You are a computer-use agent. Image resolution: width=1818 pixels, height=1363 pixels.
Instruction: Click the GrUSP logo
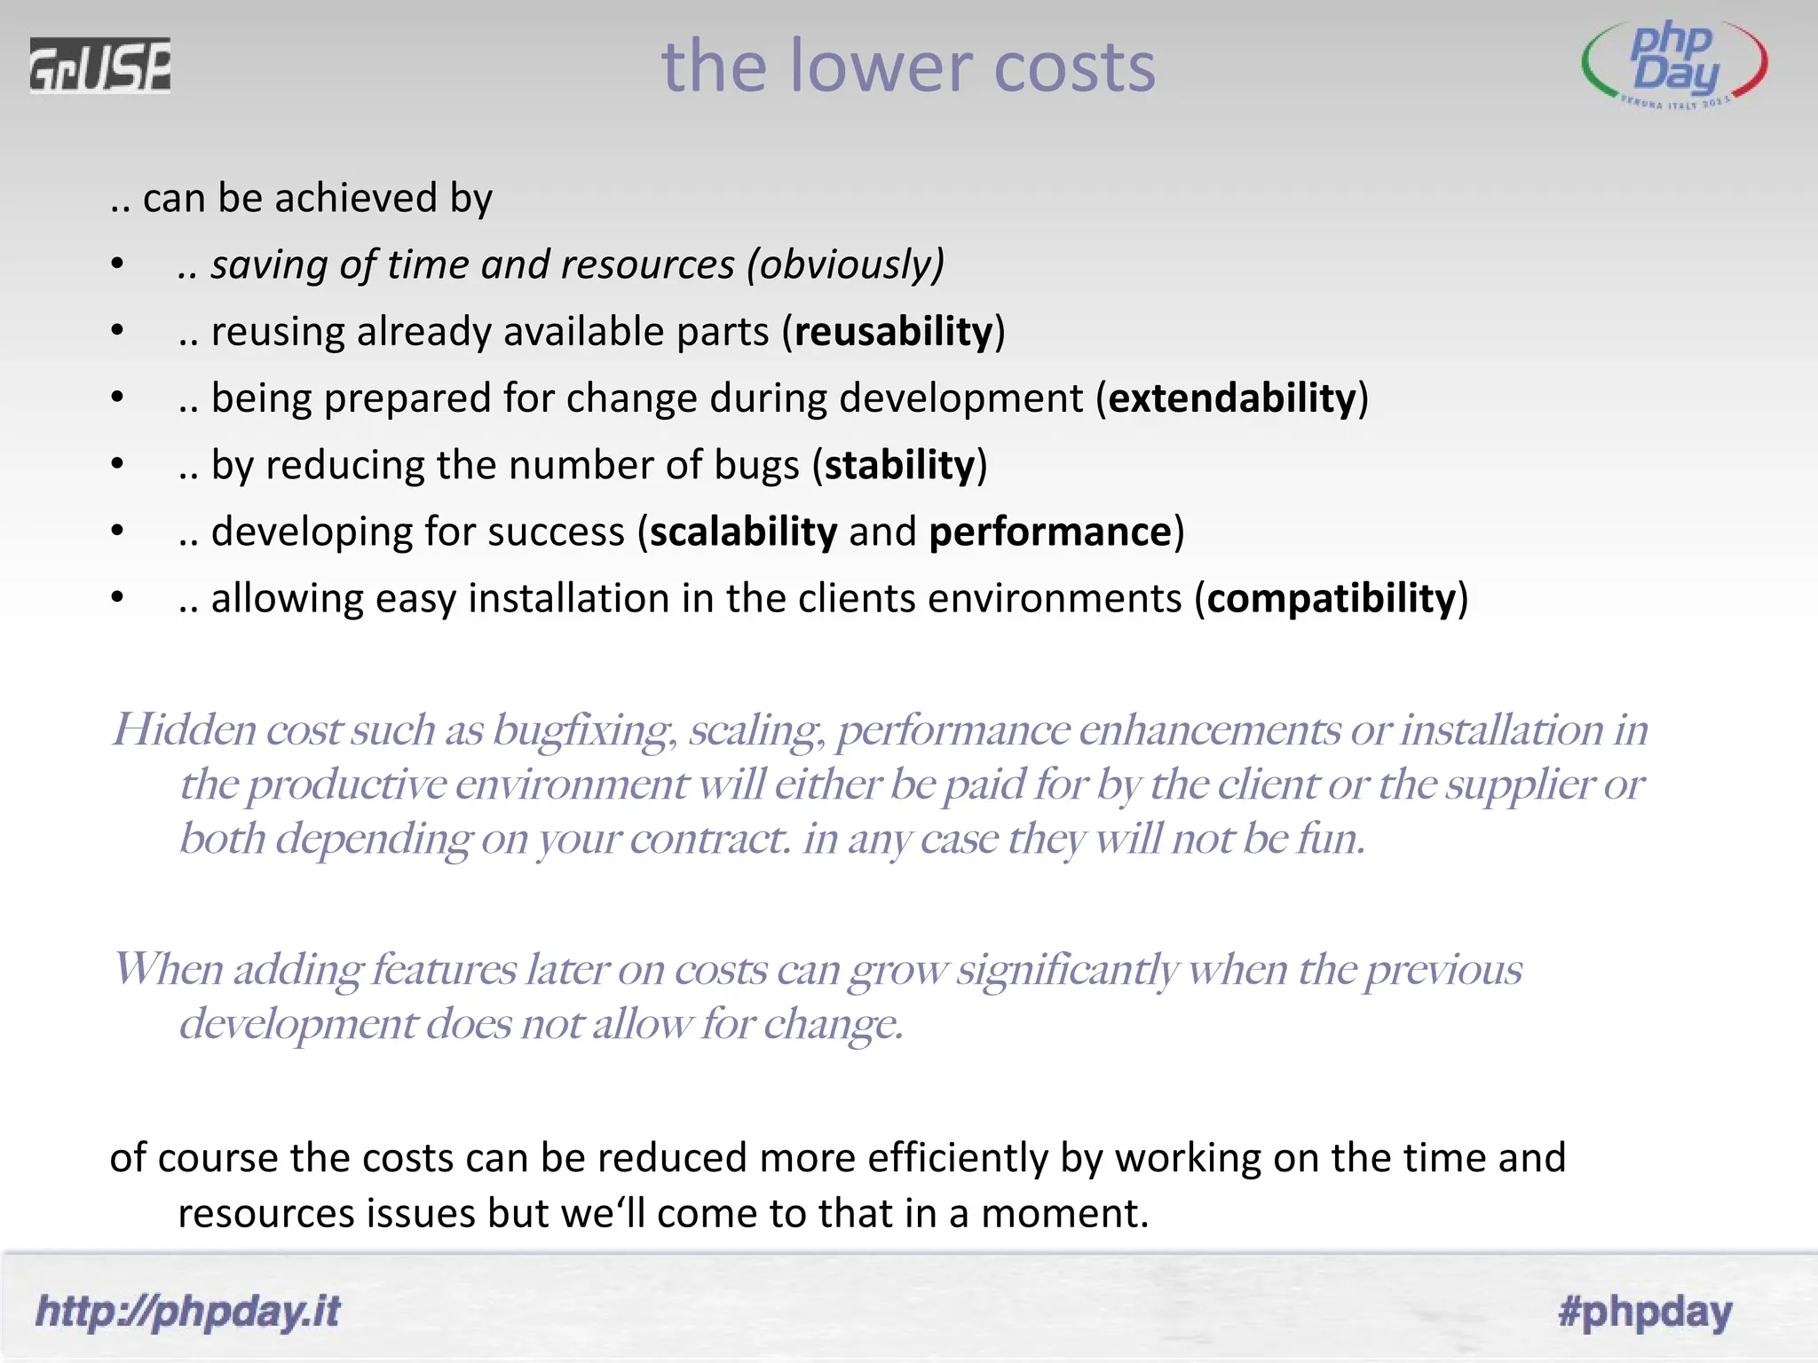click(x=99, y=66)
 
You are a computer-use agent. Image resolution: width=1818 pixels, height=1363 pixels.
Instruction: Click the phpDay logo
click(x=1674, y=66)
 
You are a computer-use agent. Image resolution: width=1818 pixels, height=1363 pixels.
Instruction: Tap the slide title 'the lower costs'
click(x=908, y=67)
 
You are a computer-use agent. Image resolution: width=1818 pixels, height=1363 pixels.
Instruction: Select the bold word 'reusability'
click(x=893, y=332)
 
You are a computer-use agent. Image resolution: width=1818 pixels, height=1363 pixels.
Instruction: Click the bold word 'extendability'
click(x=1233, y=398)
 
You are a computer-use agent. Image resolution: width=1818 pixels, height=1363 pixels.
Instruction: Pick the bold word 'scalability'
click(x=743, y=532)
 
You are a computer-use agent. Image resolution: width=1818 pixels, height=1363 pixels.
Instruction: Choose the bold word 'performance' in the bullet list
click(x=1050, y=532)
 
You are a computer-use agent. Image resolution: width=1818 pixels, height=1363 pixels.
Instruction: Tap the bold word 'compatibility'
click(x=1331, y=599)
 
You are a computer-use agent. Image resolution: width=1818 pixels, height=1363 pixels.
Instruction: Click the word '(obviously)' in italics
click(x=845, y=265)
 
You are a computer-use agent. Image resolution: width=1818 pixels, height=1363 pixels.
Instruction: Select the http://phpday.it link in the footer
click(x=187, y=1312)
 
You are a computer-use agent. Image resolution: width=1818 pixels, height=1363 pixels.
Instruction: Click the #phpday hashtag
click(x=1644, y=1312)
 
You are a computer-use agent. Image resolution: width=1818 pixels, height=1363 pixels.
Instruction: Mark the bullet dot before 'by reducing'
click(x=117, y=464)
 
